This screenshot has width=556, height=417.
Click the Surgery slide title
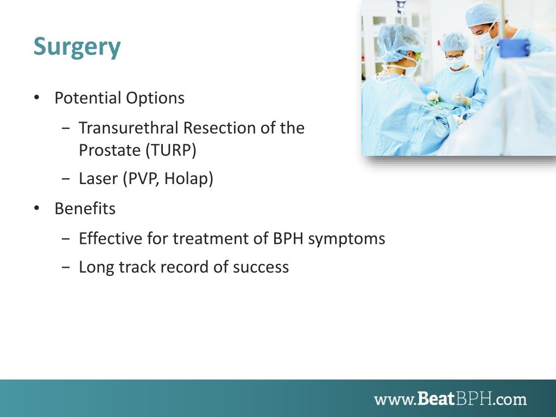click(77, 47)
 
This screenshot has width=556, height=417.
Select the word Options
click(155, 98)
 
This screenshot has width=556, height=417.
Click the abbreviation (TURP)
click(171, 150)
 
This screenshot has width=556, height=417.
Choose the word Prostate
click(110, 150)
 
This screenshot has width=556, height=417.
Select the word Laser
click(98, 178)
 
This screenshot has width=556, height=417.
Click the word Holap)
click(188, 178)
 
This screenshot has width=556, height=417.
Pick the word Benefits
click(85, 208)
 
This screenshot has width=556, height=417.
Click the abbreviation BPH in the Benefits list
click(288, 238)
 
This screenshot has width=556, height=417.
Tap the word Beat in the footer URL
click(436, 399)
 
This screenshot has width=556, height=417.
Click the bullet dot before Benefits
click(36, 208)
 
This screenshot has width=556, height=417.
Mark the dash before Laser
click(66, 178)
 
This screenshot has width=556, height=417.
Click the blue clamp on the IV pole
click(514, 48)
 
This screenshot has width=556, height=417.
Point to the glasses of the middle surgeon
click(454, 56)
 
